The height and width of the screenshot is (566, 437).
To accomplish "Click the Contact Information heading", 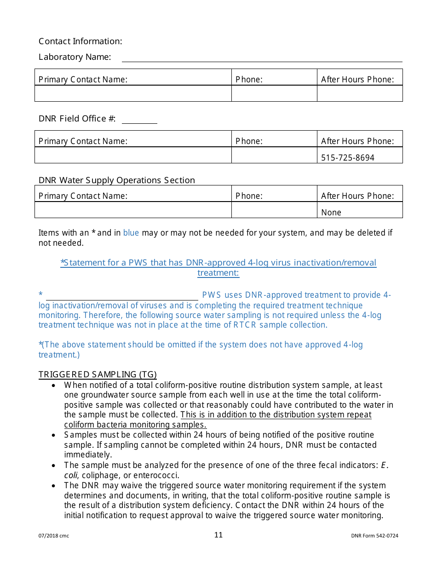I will click(80, 41).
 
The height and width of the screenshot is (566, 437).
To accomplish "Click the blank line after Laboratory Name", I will click(262, 58).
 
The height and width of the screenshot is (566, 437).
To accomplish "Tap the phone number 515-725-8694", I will click(348, 158).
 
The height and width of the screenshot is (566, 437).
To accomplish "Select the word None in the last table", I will click(331, 213).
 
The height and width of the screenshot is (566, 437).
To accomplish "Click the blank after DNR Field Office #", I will click(139, 120).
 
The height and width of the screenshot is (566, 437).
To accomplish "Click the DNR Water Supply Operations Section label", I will click(117, 180).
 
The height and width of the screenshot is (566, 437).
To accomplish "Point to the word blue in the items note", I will click(131, 233).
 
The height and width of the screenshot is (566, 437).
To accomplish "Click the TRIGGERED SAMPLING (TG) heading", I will click(98, 375).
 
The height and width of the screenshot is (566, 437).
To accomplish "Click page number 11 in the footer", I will click(218, 535).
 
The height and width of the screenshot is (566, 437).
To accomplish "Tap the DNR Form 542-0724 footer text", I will click(374, 536).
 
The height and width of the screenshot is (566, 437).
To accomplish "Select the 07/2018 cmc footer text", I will click(53, 536).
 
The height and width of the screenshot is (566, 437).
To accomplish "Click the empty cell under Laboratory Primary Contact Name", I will click(133, 93).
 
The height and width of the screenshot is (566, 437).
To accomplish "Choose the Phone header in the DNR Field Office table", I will click(249, 141).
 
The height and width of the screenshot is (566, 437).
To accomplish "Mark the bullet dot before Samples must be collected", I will click(54, 435).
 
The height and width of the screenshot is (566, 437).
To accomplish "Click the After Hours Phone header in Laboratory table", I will click(357, 80).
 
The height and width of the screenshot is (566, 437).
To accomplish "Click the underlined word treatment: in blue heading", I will click(218, 273).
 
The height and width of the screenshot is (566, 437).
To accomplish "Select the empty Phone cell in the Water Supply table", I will click(274, 210).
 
